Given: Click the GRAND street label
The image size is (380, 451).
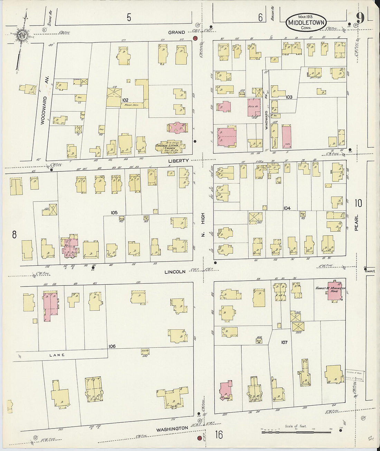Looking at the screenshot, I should (x=177, y=32).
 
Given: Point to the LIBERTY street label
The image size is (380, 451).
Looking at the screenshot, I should (x=178, y=161).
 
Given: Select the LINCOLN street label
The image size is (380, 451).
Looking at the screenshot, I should (x=175, y=272).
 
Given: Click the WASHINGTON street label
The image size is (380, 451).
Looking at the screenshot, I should (x=172, y=429).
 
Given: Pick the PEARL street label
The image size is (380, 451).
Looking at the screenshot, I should (x=356, y=223).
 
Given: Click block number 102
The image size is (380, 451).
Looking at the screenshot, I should (x=125, y=100).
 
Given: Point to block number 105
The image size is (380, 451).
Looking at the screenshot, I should (x=114, y=213).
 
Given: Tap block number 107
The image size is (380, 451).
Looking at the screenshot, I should (x=284, y=342).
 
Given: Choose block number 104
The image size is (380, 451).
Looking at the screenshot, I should (x=287, y=208).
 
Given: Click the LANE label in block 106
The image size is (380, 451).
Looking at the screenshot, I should (x=57, y=355).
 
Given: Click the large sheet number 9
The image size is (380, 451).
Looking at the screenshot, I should (x=360, y=17).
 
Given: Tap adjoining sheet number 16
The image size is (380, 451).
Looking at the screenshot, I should (x=219, y=434).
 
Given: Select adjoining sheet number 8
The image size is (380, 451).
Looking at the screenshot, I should (x=14, y=235).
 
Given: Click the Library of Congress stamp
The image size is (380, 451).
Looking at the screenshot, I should (x=354, y=376).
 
